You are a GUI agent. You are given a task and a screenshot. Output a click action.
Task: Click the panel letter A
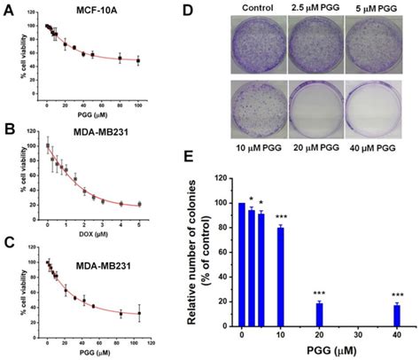click(8, 12)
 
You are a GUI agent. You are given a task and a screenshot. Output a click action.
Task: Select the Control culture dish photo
click(259, 44)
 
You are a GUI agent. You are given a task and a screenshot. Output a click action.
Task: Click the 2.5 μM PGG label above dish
click(323, 8)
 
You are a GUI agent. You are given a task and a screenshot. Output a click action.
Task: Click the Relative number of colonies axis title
click(216, 257)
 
